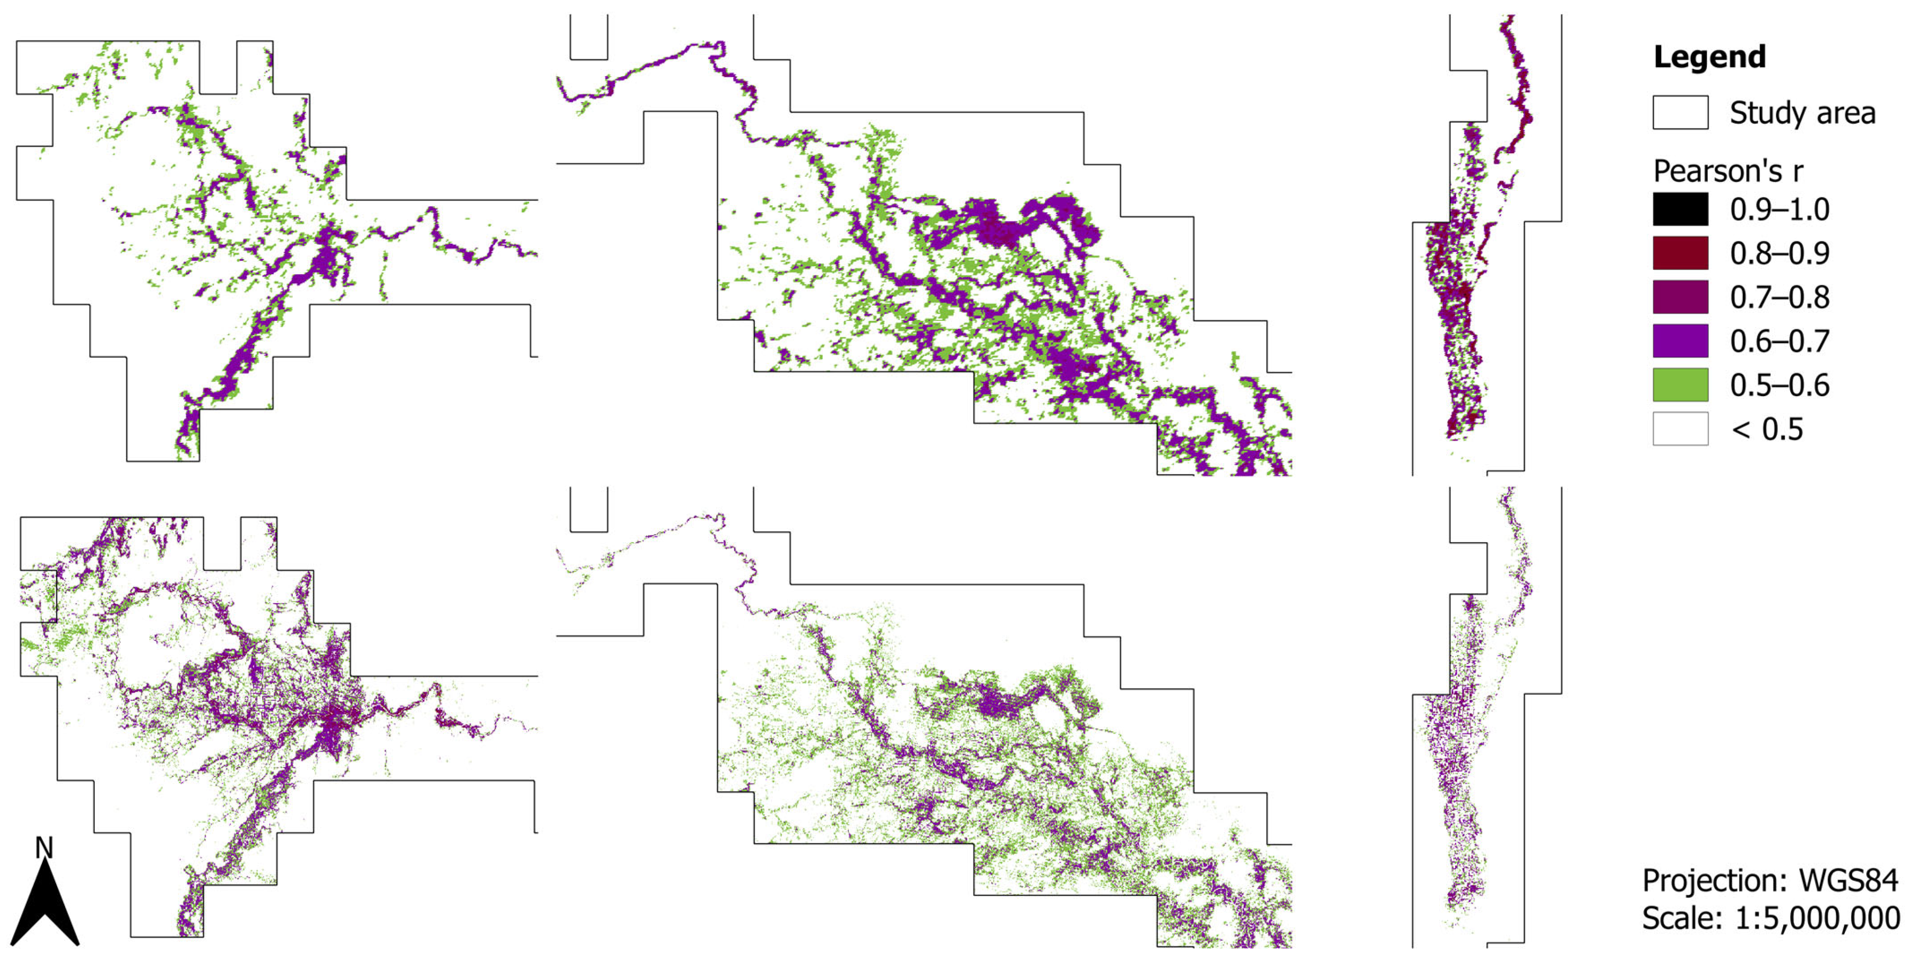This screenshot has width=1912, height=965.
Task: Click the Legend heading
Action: (1709, 57)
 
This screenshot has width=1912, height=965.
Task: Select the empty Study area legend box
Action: (1680, 112)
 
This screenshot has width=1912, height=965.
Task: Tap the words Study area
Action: (1802, 113)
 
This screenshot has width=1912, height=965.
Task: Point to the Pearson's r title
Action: (1728, 171)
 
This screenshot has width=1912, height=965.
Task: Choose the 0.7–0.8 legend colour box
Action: (1680, 297)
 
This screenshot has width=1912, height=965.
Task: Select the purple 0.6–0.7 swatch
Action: (1680, 341)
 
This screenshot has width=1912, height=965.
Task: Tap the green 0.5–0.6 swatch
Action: (1680, 385)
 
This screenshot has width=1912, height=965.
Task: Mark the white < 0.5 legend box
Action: (1680, 428)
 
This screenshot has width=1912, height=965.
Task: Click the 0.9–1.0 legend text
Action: (1779, 210)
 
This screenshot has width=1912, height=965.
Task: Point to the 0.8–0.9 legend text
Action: (1779, 254)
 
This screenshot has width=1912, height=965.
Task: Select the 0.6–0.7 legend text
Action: (1779, 341)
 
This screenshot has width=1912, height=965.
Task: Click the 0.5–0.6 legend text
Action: (1779, 385)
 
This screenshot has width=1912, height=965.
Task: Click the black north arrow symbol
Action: (45, 905)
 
